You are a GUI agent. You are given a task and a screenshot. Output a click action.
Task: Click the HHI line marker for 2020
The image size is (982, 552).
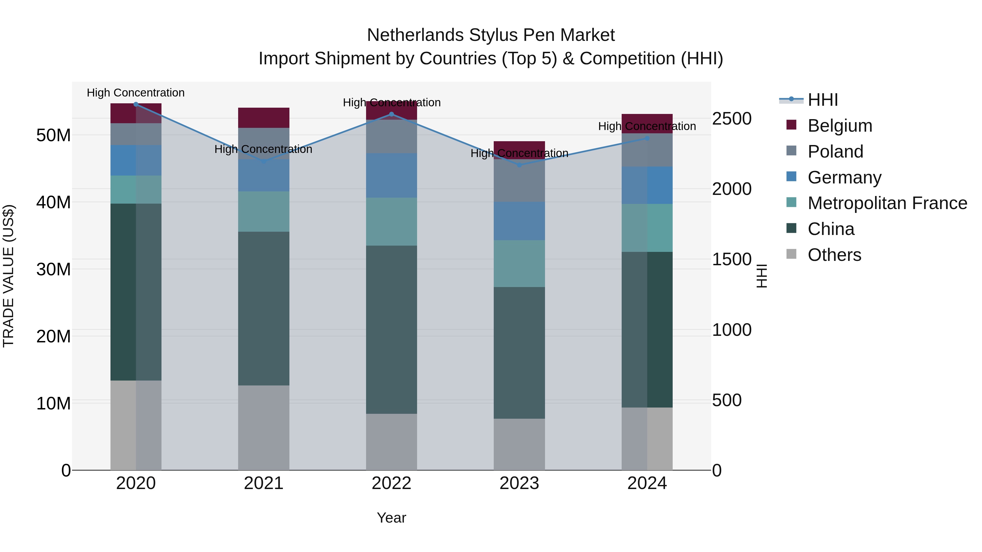click(136, 104)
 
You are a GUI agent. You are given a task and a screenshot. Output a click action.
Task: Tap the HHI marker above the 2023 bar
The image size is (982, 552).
click(519, 165)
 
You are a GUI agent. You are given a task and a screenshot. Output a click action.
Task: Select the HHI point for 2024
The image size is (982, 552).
click(647, 138)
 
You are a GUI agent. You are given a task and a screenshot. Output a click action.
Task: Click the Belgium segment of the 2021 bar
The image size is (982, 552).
click(264, 118)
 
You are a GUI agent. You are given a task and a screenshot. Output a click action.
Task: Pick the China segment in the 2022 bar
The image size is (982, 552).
click(391, 330)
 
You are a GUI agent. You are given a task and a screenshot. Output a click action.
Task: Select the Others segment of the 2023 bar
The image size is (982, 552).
click(519, 444)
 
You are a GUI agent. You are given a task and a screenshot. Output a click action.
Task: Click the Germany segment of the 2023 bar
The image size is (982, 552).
click(519, 221)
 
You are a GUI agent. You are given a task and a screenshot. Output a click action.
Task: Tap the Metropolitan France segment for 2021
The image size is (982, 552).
click(264, 212)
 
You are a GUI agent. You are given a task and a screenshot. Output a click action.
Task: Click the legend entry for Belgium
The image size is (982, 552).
click(840, 126)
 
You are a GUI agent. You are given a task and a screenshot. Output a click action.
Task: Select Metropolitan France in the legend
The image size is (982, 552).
click(887, 203)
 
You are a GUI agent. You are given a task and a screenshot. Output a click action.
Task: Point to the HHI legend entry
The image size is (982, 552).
click(823, 100)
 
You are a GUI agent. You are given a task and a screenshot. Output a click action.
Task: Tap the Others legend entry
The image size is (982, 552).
click(834, 255)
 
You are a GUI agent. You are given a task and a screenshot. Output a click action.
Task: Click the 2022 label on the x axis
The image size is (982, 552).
click(391, 483)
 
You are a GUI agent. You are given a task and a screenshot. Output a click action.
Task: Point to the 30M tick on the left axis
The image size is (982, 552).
click(53, 269)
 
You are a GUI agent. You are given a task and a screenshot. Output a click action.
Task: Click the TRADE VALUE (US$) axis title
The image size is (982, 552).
click(9, 276)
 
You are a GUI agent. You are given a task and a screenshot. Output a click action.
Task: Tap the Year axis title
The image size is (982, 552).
click(391, 518)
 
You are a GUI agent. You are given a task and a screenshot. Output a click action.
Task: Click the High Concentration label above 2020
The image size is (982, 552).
click(136, 93)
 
